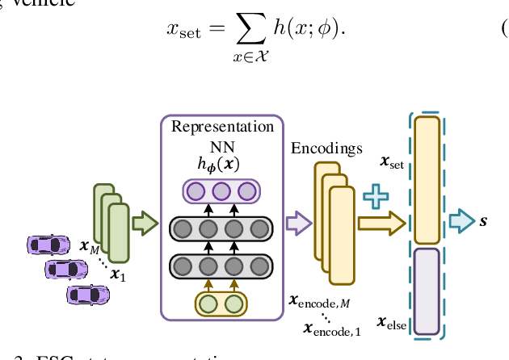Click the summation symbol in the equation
pos(243,30)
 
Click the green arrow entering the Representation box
pos(144,223)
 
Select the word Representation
pos(222,127)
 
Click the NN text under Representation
pos(221,146)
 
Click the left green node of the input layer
pos(208,304)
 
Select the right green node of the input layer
pos(233,304)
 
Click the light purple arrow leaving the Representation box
pos(299,224)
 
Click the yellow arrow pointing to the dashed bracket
pos(381,224)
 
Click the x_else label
pos(393,324)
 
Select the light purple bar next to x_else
pos(427,291)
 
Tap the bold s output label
pos(483,220)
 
